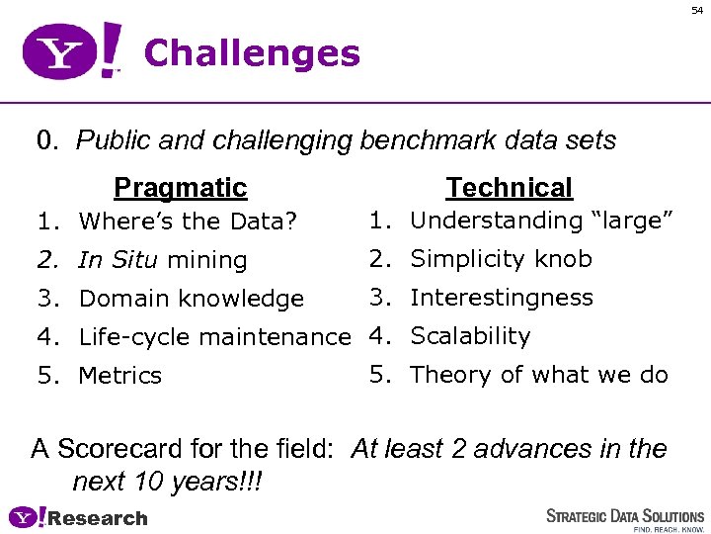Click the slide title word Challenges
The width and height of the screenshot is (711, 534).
(252, 53)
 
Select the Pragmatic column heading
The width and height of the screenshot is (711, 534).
(180, 187)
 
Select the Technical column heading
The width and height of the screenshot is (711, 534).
(509, 187)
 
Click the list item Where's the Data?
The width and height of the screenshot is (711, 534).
(188, 222)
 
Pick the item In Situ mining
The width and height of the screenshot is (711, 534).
(162, 260)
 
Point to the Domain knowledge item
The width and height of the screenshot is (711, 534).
(191, 299)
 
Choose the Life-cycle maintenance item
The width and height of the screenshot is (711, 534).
(214, 337)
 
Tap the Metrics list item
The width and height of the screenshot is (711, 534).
(119, 376)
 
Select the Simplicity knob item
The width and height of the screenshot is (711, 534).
(501, 259)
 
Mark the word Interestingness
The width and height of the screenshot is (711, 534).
(501, 298)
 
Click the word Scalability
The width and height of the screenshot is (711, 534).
(470, 336)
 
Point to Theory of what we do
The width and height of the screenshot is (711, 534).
(538, 375)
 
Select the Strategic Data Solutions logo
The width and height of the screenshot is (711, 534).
(625, 515)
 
